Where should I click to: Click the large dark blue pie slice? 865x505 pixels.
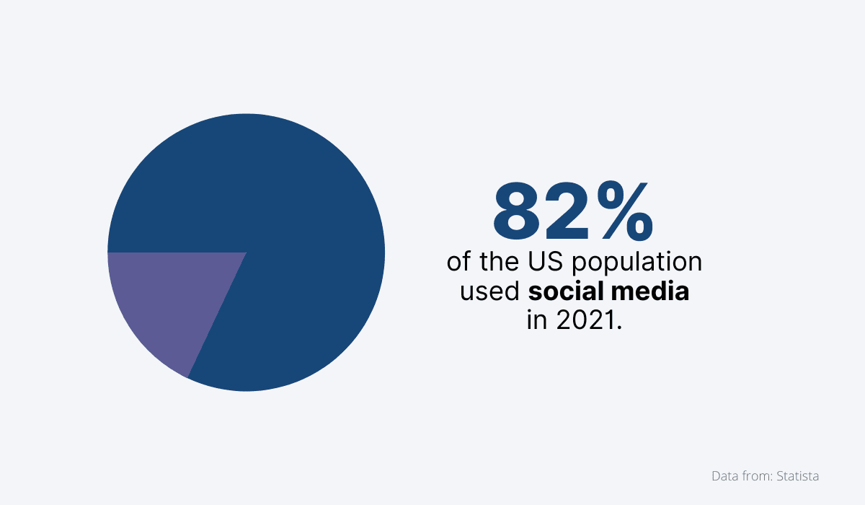288,216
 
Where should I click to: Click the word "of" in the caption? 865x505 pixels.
458,261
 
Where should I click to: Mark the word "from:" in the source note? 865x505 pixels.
757,476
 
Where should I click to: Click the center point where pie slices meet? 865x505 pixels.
247,252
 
